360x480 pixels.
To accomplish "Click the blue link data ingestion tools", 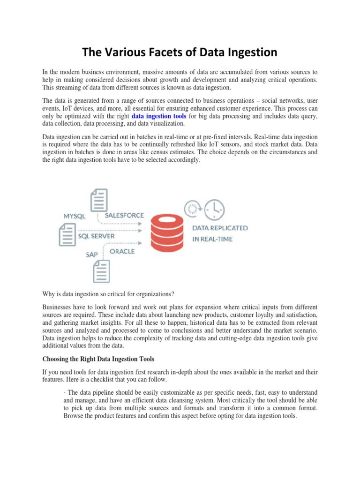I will [x=159, y=115].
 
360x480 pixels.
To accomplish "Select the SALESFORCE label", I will [x=124, y=215].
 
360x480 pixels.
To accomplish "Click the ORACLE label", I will [x=122, y=251].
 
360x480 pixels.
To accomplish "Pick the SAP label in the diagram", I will [x=92, y=255].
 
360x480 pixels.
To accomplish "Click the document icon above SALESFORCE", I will [x=99, y=200].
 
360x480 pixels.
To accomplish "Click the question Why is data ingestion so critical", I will [x=108, y=294].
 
